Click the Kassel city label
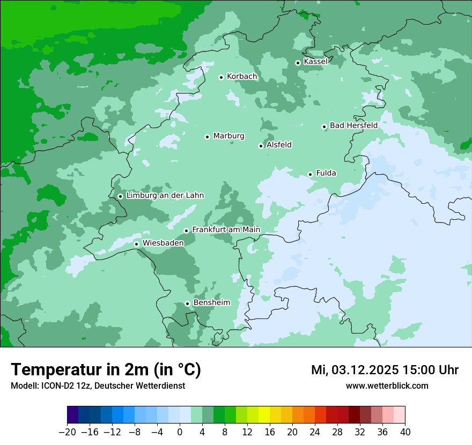315,62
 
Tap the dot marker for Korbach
221,77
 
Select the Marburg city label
228,136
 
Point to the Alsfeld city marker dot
261,146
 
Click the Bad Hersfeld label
353,125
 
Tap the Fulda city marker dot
310,174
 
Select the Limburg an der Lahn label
165,196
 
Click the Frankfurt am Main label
226,229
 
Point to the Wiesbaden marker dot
136,244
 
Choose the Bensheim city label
211,302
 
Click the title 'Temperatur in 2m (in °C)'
106,370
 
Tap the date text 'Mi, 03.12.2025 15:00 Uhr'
385,370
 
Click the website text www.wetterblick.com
387,385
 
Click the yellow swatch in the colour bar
264,415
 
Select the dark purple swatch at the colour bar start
72,415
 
